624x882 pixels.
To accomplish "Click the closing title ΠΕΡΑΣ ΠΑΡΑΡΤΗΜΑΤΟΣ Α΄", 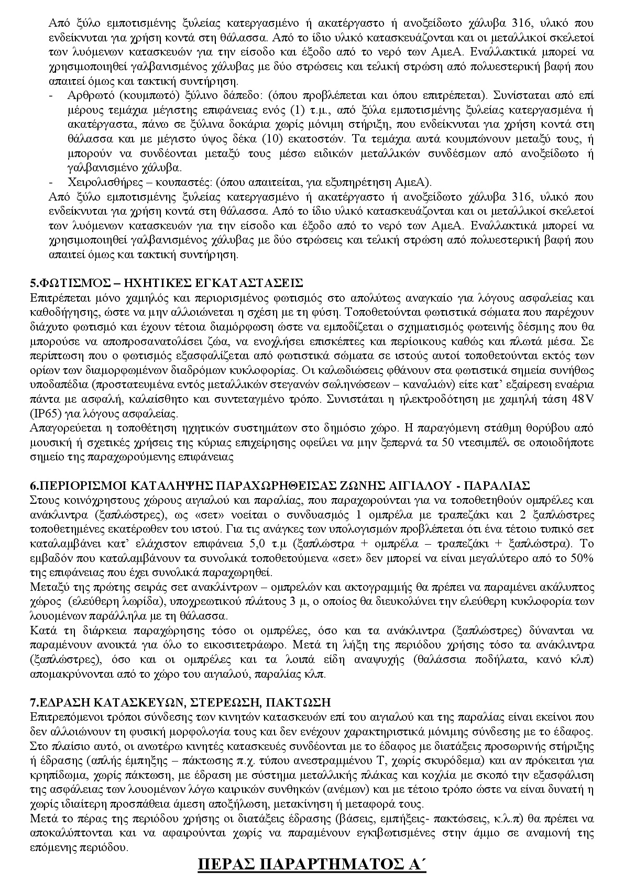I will click(312, 863).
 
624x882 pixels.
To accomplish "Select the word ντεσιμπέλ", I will click(452, 442).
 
